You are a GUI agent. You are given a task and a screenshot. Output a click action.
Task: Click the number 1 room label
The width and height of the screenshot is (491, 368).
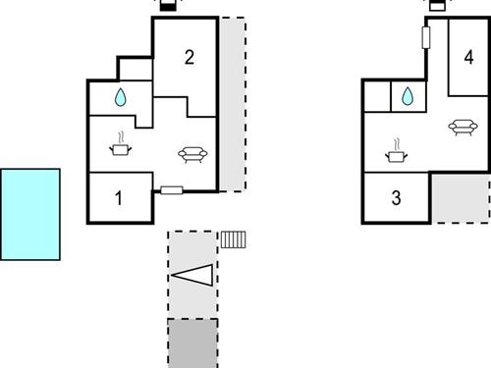tap(119, 198)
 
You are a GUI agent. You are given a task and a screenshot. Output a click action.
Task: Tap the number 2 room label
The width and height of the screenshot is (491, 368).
tap(190, 57)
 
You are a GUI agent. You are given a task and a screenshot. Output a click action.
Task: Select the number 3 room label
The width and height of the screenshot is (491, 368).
tap(396, 198)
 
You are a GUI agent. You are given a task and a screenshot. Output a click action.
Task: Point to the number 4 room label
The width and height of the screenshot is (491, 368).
tap(468, 57)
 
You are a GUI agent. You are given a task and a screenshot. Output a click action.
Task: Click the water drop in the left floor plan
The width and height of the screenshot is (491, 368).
tap(120, 97)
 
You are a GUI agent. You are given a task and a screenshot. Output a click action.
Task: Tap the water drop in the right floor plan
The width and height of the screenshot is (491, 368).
tap(406, 96)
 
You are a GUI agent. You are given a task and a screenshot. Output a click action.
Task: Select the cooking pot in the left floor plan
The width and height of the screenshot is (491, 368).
tap(121, 146)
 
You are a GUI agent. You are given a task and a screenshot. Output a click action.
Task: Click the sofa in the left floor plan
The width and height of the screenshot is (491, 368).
tap(191, 153)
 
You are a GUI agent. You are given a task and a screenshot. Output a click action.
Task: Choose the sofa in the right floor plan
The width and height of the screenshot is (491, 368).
tap(460, 126)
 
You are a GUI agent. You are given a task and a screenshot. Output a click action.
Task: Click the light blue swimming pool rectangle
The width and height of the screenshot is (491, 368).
tap(30, 214)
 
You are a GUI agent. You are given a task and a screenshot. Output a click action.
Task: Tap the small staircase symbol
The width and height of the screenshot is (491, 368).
tap(233, 238)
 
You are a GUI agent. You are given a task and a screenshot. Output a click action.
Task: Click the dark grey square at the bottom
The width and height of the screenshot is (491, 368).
tap(192, 342)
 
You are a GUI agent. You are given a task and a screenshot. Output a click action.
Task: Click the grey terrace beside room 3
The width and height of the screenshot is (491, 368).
tap(461, 199)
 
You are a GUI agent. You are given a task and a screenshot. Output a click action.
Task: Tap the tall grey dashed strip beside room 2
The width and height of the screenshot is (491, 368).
tap(233, 103)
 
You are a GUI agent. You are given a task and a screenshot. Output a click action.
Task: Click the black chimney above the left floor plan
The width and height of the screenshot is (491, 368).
tap(168, 5)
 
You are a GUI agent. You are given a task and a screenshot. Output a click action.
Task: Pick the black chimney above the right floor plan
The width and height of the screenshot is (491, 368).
tap(439, 5)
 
